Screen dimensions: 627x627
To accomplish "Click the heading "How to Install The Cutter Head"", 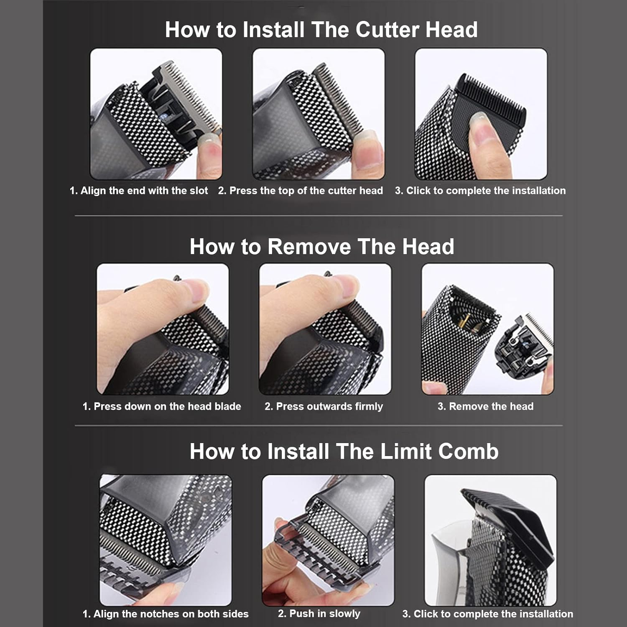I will point(321,30).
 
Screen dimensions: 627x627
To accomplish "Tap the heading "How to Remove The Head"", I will point(321,246).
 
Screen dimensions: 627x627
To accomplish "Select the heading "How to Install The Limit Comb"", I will point(344,451).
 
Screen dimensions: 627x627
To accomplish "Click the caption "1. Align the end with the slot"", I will point(138,191).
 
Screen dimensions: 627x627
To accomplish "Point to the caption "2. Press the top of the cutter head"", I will point(300,191).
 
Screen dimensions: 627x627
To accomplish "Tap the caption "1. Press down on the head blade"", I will point(162,406).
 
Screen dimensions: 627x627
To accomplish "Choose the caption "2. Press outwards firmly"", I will point(324,406).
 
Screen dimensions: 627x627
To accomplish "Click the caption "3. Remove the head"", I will point(485,406).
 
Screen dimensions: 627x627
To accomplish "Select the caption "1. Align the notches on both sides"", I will point(166,614).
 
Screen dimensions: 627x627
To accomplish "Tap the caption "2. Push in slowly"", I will point(319,614).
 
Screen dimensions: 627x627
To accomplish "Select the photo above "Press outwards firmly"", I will point(325,329).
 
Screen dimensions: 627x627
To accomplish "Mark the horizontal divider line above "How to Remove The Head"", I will point(319,216).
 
